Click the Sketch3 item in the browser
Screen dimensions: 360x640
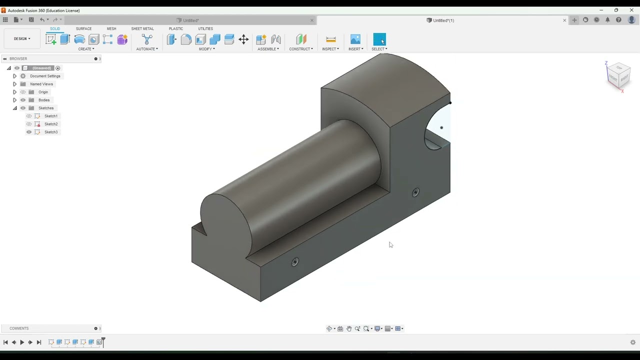(50, 132)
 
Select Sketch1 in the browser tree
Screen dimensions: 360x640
(50, 116)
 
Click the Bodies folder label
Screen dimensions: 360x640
(44, 100)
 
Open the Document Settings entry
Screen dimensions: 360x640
(45, 76)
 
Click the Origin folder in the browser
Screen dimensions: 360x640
(43, 92)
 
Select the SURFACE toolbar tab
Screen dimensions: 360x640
(83, 28)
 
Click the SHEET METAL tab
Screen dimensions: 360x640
(142, 28)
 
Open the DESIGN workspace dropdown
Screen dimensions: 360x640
(21, 38)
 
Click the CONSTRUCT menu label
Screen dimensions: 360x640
(300, 49)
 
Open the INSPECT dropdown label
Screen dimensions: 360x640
(330, 49)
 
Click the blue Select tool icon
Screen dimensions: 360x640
(379, 39)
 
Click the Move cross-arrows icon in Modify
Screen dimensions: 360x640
(243, 39)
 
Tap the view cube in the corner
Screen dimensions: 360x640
(618, 75)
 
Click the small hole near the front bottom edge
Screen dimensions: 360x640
(295, 262)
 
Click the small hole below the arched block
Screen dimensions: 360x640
(415, 192)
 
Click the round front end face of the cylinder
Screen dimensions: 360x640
(225, 220)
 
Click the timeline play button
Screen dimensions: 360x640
(22, 342)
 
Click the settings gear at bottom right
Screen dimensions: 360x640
(632, 342)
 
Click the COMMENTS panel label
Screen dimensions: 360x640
(19, 328)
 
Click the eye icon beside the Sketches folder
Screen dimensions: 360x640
(23, 108)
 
